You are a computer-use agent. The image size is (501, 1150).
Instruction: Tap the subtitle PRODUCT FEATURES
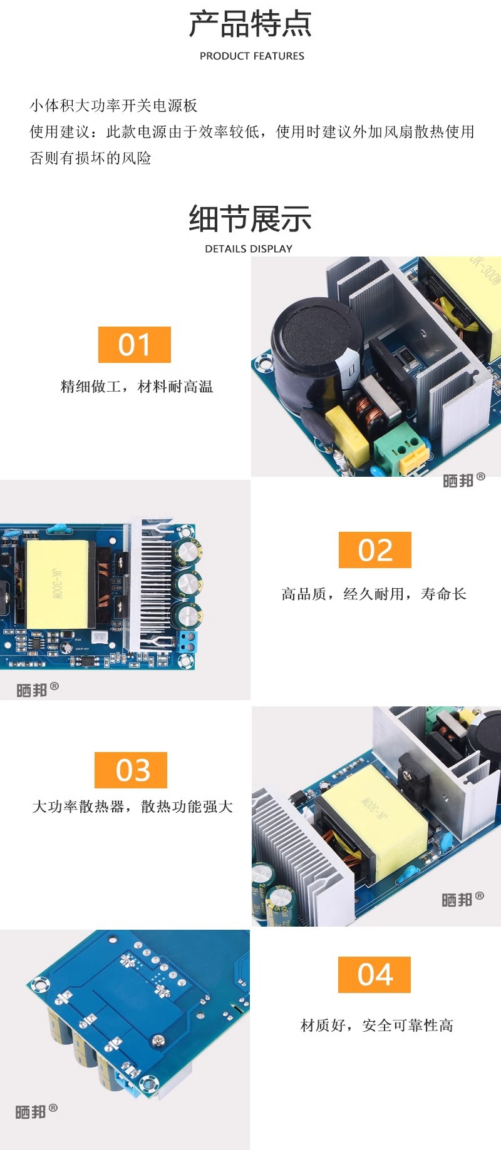[x=252, y=56]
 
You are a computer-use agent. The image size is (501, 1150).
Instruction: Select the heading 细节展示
[x=250, y=219]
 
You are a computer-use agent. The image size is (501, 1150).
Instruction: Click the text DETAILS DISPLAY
[x=249, y=249]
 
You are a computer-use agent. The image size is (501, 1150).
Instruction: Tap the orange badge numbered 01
[x=135, y=345]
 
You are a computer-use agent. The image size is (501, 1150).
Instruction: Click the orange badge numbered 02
[x=375, y=550]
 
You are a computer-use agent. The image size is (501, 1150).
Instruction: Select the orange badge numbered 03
[x=131, y=770]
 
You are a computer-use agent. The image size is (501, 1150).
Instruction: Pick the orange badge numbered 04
[x=374, y=975]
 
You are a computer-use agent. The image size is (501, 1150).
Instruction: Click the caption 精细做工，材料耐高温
[x=137, y=387]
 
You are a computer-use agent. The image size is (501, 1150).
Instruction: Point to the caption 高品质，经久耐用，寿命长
[x=374, y=594]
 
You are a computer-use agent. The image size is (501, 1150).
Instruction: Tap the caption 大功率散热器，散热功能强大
[x=132, y=807]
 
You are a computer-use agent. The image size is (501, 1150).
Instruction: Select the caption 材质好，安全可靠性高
[x=376, y=1025]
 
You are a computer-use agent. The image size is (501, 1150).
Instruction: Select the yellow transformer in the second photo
[x=57, y=584]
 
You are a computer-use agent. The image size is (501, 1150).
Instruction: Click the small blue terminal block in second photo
[x=187, y=641]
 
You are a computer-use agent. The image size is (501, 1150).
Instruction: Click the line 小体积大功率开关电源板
[x=113, y=106]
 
